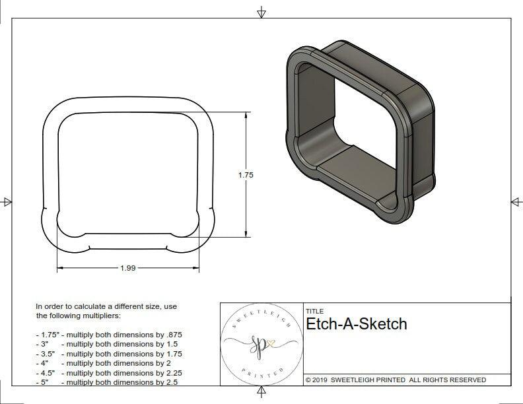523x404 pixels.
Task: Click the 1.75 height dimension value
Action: click(246, 175)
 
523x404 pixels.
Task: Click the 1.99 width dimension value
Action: click(129, 268)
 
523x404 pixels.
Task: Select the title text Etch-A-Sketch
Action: click(356, 324)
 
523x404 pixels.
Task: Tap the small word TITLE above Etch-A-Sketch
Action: click(314, 311)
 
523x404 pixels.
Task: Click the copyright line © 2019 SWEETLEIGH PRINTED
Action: click(396, 380)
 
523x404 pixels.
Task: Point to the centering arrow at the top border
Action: click(261, 12)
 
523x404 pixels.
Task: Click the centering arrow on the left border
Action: click(7, 201)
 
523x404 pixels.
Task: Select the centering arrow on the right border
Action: click(516, 201)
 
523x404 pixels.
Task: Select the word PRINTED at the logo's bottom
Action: click(260, 374)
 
